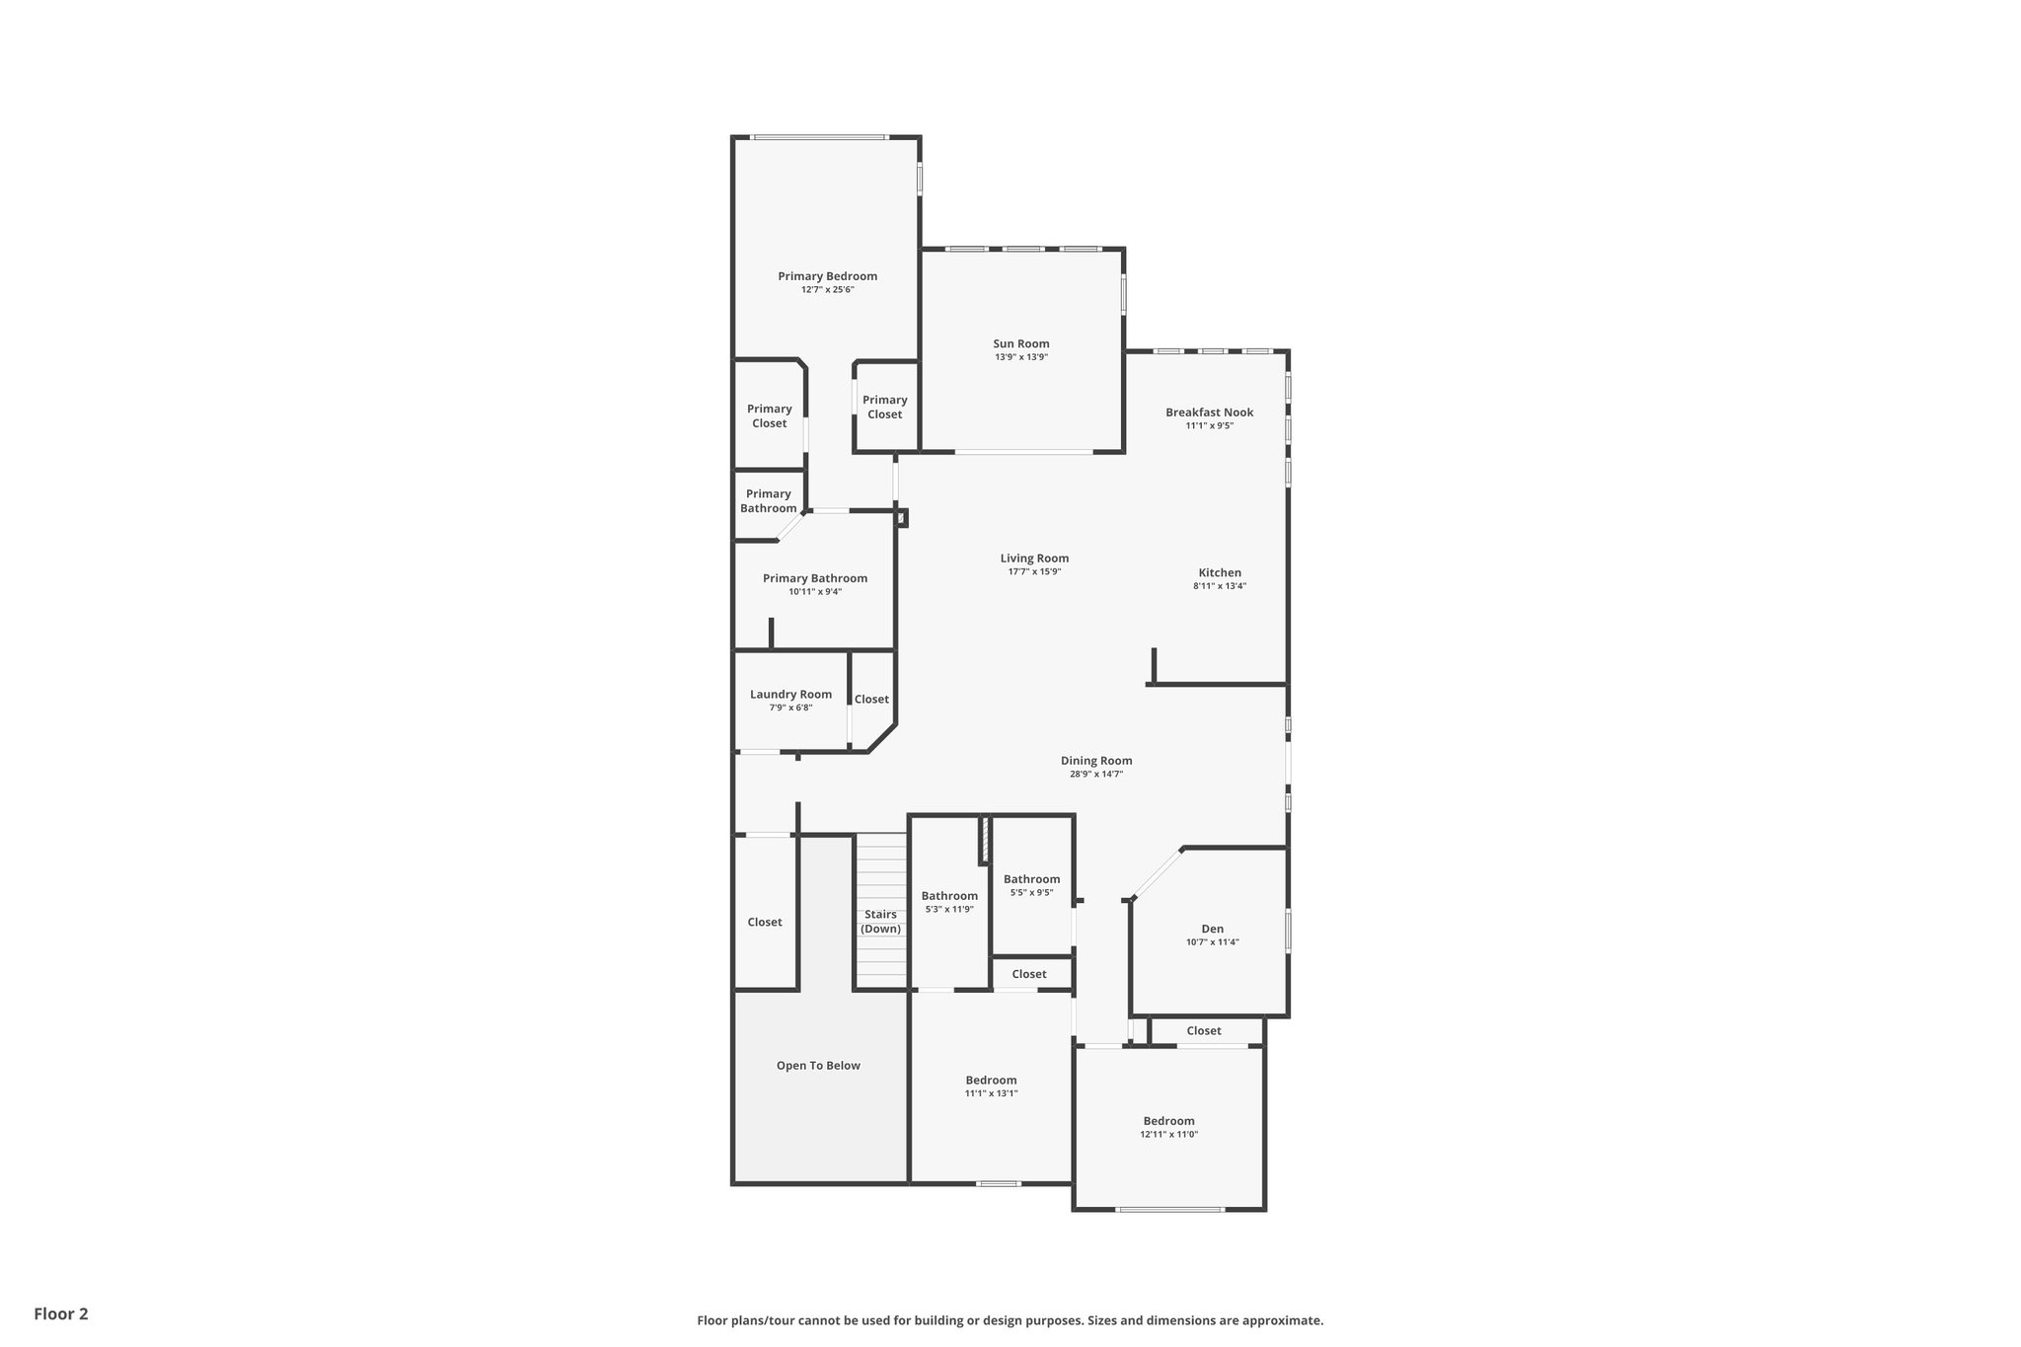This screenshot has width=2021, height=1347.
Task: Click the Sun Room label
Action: pyautogui.click(x=1020, y=344)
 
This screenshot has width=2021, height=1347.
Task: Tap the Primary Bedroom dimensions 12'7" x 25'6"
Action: pyautogui.click(x=827, y=290)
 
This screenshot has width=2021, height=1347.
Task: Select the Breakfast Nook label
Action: pyautogui.click(x=1209, y=412)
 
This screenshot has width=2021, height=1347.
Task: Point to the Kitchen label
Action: pyautogui.click(x=1220, y=572)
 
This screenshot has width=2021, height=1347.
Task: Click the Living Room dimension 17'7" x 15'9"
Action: pyautogui.click(x=1034, y=572)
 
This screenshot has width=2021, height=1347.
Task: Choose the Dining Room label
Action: pyautogui.click(x=1096, y=761)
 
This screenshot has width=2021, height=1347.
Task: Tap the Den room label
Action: pyautogui.click(x=1212, y=929)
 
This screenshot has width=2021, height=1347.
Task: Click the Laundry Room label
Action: pyautogui.click(x=790, y=695)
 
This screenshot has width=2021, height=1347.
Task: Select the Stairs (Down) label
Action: pyautogui.click(x=880, y=922)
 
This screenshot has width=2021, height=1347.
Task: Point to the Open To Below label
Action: pyautogui.click(x=818, y=1066)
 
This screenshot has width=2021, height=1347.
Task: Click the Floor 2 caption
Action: pyautogui.click(x=61, y=1313)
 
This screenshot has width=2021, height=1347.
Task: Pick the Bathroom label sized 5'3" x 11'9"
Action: pyautogui.click(x=949, y=896)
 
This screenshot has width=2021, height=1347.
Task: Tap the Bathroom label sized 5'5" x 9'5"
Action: pyautogui.click(x=1031, y=879)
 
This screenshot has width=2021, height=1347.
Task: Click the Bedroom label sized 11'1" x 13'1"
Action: pyautogui.click(x=991, y=1081)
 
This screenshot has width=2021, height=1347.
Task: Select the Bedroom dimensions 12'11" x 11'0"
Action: pyautogui.click(x=1168, y=1135)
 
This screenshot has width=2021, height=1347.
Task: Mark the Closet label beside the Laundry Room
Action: pyautogui.click(x=871, y=700)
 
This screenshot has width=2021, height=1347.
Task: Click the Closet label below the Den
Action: pyautogui.click(x=1204, y=1031)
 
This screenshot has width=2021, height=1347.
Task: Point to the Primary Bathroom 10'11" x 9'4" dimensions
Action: pyautogui.click(x=815, y=592)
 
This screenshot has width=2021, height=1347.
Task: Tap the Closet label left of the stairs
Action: pyautogui.click(x=765, y=923)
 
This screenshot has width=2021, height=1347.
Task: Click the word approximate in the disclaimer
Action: pyautogui.click(x=1282, y=1320)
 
